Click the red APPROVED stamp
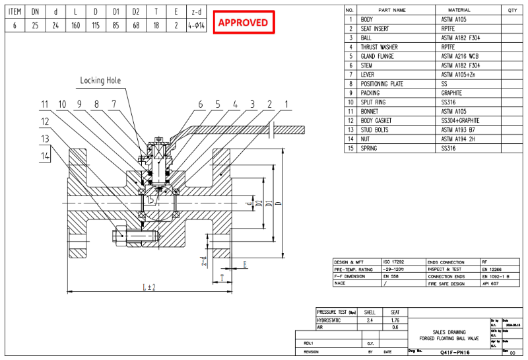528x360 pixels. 243,22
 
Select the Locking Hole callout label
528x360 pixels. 100,80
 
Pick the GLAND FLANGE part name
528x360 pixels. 378,56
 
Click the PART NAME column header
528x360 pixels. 392,10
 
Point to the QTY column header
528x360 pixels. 512,10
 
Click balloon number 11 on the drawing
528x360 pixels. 44,104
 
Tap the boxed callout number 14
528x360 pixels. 44,156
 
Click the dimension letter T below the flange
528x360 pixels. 222,276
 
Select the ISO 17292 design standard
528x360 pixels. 392,263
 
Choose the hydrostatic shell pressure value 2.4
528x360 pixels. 370,319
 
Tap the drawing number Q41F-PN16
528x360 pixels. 453,353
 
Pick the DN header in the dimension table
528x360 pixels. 36,11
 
